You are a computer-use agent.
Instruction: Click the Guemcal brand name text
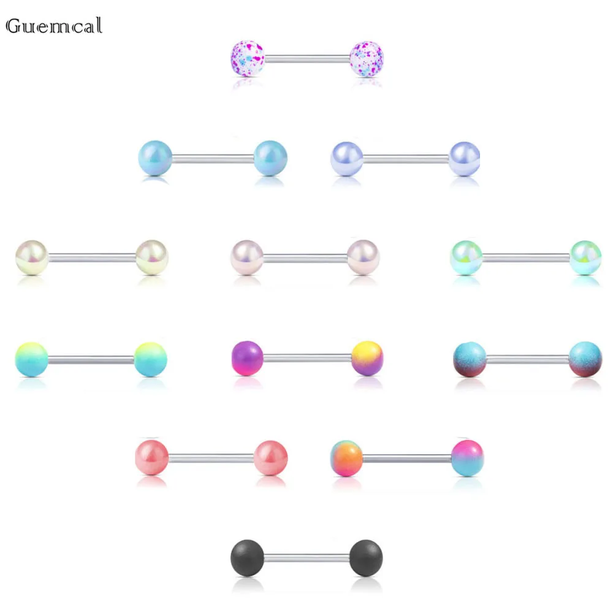click(x=53, y=26)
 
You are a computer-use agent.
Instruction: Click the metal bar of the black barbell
click(x=306, y=557)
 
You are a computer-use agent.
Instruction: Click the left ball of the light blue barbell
click(x=155, y=158)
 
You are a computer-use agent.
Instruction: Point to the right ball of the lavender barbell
click(x=464, y=158)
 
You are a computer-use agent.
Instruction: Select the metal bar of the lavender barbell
click(x=406, y=159)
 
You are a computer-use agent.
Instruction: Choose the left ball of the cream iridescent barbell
click(x=32, y=257)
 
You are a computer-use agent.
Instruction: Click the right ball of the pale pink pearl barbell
click(x=363, y=256)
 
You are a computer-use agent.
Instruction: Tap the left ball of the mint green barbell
click(x=466, y=257)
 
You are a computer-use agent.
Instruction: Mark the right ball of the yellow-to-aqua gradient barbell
click(x=150, y=359)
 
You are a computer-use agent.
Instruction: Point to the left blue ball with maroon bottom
click(x=469, y=359)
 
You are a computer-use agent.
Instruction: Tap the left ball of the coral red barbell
click(x=151, y=457)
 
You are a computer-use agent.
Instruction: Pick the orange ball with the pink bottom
click(x=347, y=457)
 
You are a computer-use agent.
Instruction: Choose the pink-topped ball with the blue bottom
click(x=467, y=457)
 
